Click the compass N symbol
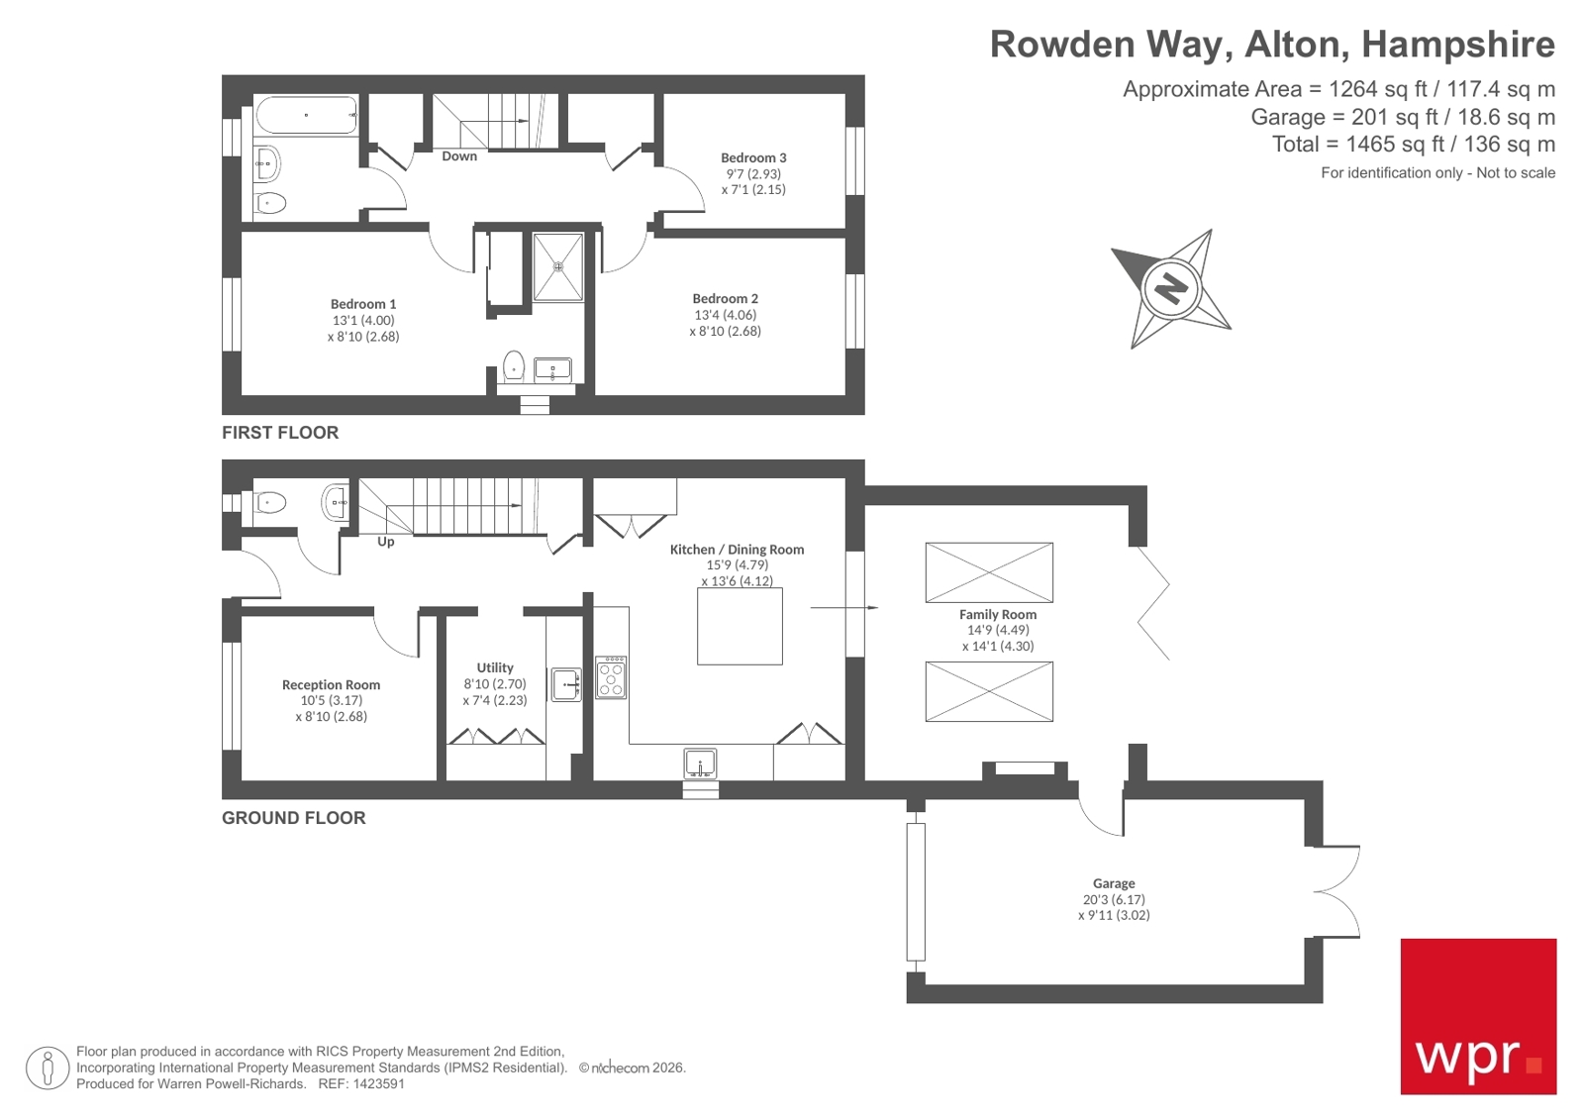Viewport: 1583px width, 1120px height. pos(1170,288)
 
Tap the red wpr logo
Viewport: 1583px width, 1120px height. pos(1477,1016)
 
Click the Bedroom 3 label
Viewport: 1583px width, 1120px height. pos(753,157)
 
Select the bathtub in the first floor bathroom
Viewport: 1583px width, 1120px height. pos(306,115)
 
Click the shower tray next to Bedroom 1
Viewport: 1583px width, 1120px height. pos(558,266)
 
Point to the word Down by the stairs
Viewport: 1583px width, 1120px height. pos(459,156)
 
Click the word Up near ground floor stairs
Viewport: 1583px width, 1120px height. pos(386,542)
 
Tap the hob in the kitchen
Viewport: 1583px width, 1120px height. pos(611,677)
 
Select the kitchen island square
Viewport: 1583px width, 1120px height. pos(740,626)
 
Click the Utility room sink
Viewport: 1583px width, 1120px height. pos(566,684)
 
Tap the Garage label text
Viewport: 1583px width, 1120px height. pos(1114,883)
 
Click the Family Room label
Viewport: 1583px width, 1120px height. pos(997,614)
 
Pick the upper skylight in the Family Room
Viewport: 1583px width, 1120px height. pos(989,572)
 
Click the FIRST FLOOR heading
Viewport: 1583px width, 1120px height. pos(280,433)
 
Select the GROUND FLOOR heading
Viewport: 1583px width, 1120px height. pos(293,818)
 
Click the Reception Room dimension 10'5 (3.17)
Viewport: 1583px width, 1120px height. pos(332,700)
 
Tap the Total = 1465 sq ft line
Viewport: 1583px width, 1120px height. pos(1413,145)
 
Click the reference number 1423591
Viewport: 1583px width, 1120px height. pos(378,1084)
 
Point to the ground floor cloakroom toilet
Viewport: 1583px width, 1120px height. pos(269,504)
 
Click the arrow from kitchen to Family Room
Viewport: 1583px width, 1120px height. pos(843,607)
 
